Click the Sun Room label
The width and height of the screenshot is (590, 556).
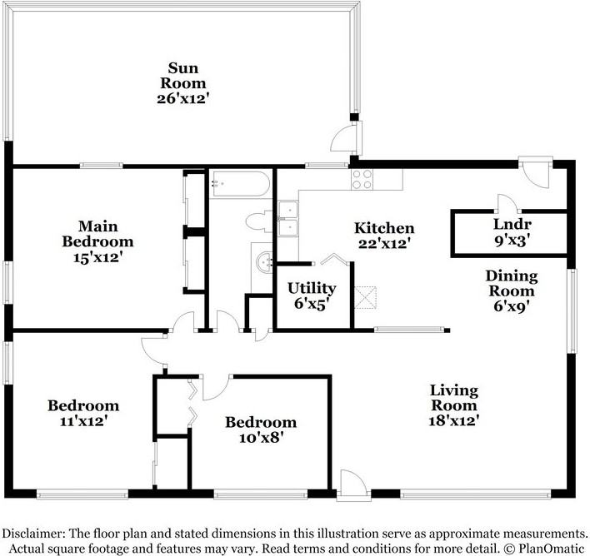pos(182,75)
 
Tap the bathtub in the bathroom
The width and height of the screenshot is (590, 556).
pos(240,184)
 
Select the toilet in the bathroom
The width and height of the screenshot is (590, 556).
pos(259,221)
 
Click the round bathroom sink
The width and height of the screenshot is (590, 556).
pos(264,262)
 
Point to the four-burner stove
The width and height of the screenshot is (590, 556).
pos(362,179)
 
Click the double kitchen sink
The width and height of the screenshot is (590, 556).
pos(288,218)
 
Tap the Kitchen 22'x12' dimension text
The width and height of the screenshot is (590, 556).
pos(384,244)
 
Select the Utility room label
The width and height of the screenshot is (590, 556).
pos(312,288)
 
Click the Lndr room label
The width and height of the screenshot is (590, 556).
pos(512,225)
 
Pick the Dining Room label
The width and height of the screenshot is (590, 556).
pos(512,284)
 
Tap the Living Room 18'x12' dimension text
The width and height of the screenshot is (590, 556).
pos(454,420)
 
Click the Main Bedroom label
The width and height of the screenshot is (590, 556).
pos(97,234)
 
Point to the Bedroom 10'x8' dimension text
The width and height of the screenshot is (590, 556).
pos(261,438)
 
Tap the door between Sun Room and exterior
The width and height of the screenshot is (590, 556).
pos(346,138)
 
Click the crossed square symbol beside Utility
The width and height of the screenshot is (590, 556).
pos(365,298)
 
